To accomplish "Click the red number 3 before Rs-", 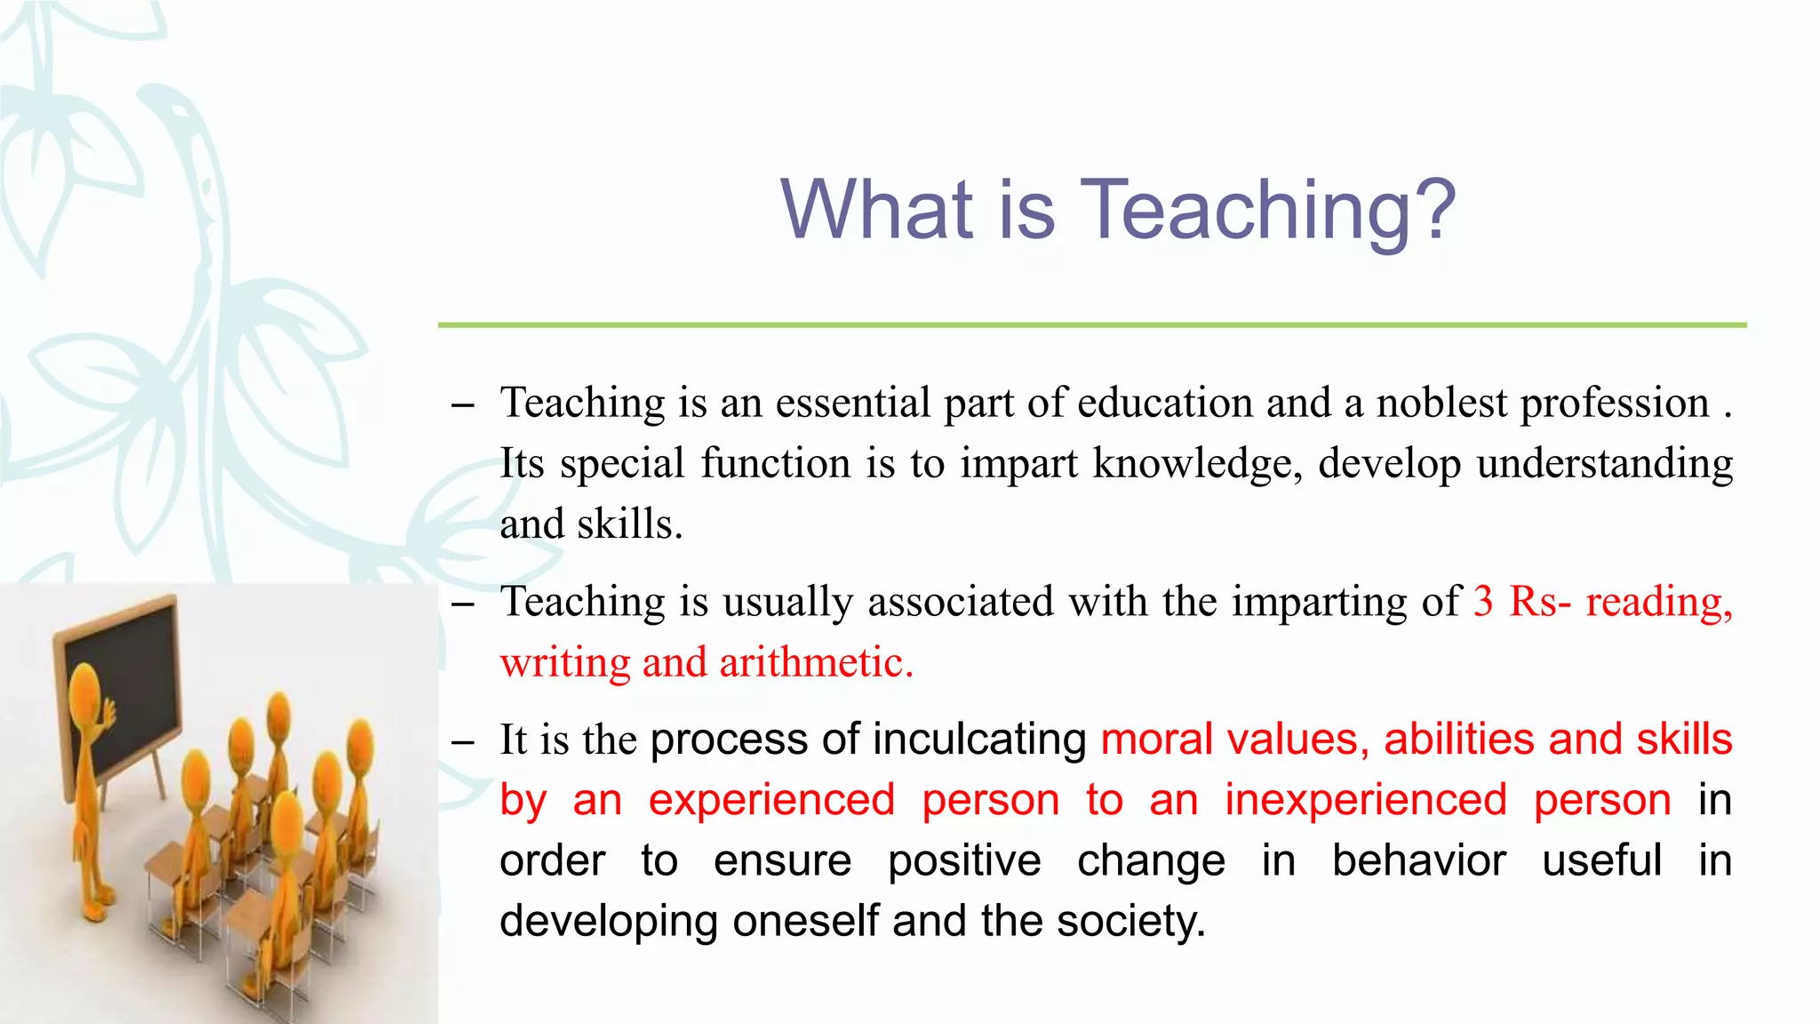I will point(1483,602).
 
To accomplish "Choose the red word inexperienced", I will point(1366,800).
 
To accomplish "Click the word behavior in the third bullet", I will point(1418,860).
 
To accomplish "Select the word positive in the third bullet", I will point(964,861).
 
